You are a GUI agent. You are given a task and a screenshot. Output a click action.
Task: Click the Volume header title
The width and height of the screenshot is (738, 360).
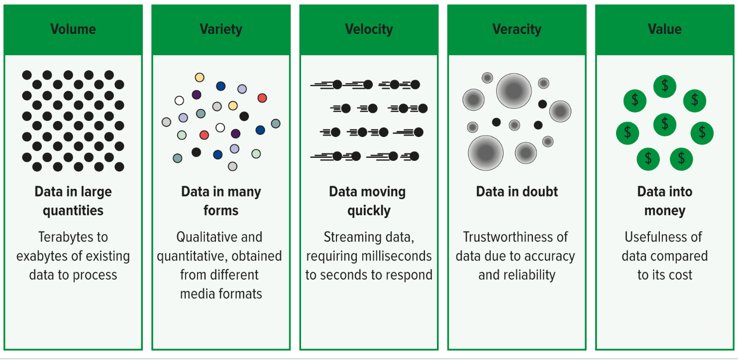click(x=73, y=29)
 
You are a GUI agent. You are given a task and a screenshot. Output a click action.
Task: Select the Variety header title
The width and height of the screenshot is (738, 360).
click(x=221, y=29)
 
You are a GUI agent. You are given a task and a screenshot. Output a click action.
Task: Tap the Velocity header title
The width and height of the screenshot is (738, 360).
click(x=369, y=29)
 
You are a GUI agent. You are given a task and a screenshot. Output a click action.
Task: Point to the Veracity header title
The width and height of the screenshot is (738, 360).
click(x=517, y=29)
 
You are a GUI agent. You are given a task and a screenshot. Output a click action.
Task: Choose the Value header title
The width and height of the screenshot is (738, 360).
click(x=664, y=29)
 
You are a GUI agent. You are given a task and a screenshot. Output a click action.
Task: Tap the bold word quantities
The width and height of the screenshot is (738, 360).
click(x=73, y=211)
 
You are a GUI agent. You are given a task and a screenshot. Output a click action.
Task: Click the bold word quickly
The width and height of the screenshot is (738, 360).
click(x=369, y=211)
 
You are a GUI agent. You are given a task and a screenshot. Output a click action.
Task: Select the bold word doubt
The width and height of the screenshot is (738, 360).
click(x=540, y=192)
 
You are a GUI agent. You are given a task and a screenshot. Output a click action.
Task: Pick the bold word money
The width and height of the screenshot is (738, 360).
click(x=664, y=211)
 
